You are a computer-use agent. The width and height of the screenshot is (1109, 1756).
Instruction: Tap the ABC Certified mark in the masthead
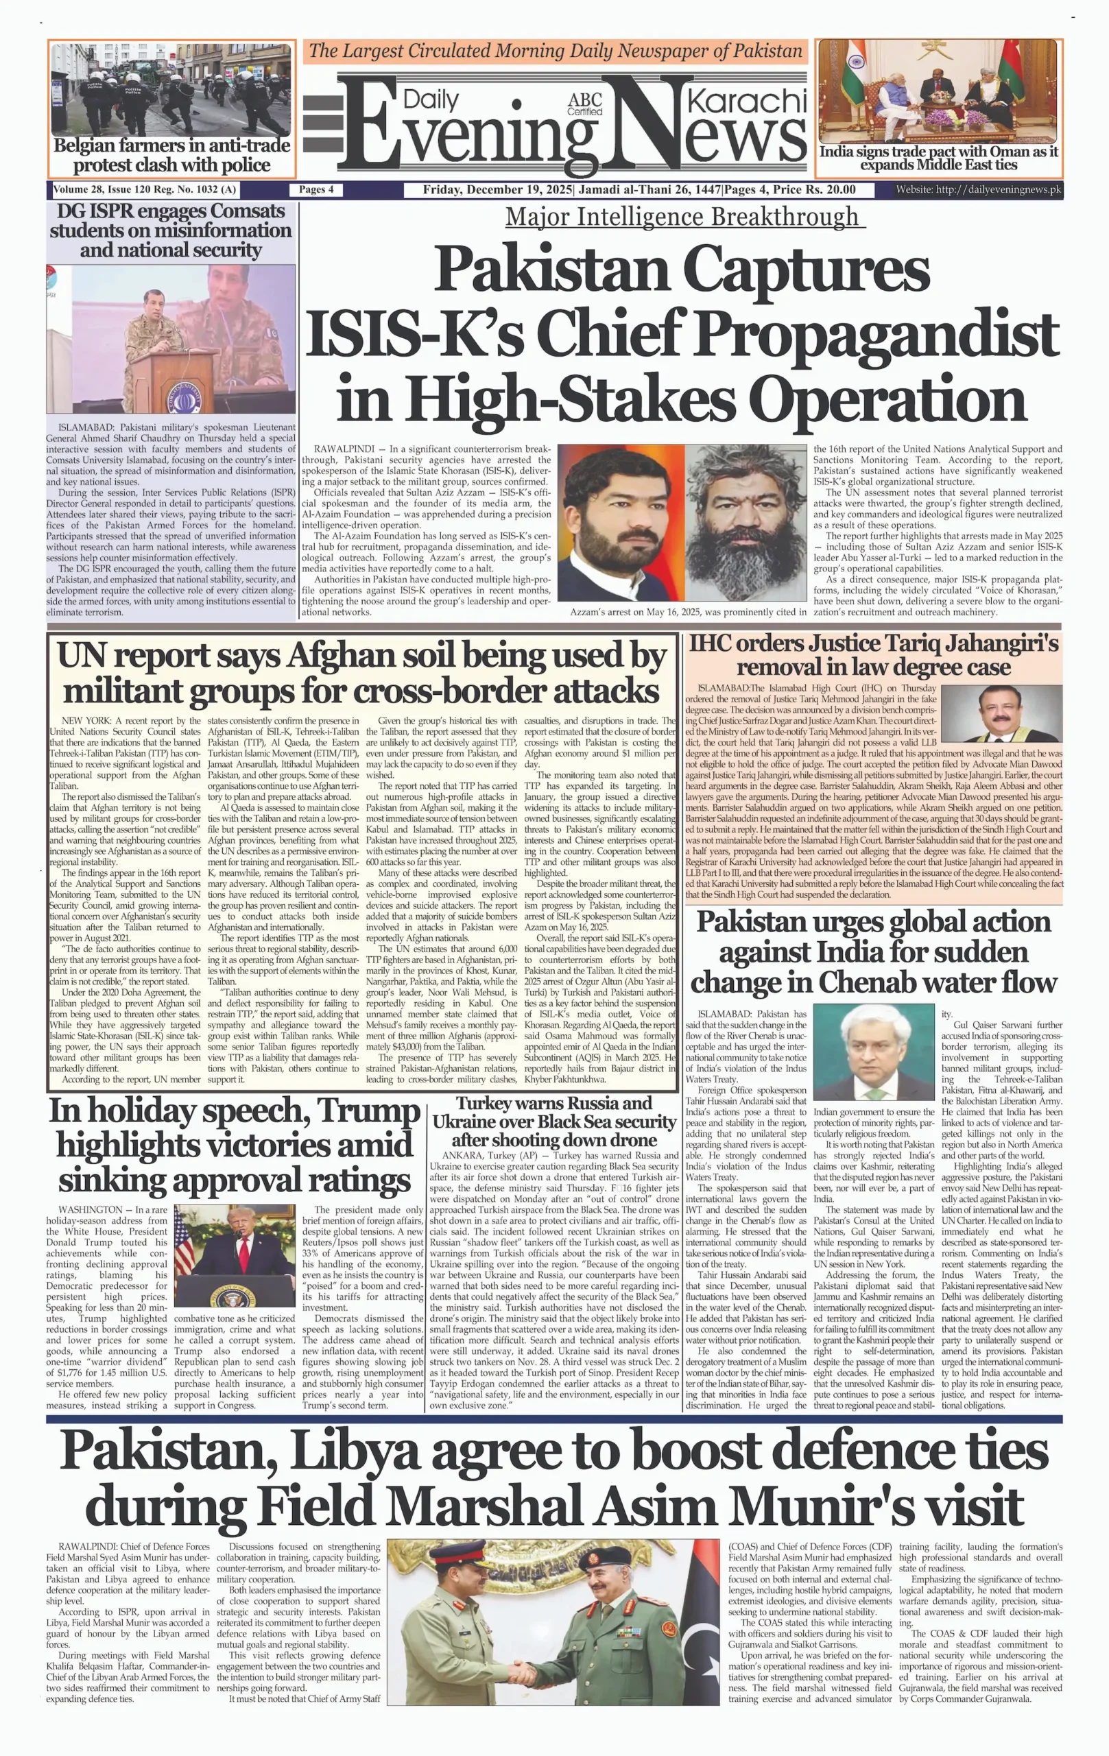585,104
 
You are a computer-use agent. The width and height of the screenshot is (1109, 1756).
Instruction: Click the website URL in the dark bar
978,190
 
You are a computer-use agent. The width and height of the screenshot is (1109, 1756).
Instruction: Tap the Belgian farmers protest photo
171,89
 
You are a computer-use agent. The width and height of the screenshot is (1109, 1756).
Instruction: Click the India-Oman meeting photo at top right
938,92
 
